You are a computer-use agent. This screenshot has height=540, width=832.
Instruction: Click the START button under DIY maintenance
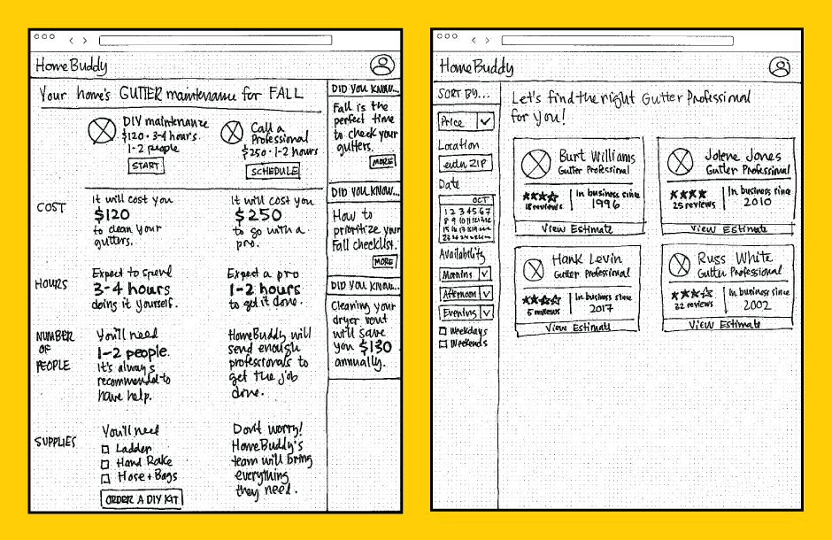[x=146, y=166]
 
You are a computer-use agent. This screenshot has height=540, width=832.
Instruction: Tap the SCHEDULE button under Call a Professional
[x=273, y=172]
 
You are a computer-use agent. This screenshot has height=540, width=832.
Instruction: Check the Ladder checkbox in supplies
[x=104, y=449]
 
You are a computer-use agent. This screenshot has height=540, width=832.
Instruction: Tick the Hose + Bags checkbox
[x=104, y=477]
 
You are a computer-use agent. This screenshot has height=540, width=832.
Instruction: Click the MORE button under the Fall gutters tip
[x=383, y=162]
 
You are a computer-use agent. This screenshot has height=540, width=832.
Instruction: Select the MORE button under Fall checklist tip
[x=383, y=262]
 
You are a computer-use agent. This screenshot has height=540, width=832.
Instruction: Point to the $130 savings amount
[x=375, y=347]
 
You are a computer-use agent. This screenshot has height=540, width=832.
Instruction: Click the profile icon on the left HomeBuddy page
[x=382, y=65]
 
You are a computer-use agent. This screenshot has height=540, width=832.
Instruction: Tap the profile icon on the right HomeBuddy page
[x=780, y=66]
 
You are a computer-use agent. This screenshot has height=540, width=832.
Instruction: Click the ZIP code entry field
[x=466, y=165]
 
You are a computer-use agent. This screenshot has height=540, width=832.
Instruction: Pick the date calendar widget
[x=466, y=219]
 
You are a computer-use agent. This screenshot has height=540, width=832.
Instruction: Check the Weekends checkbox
[x=443, y=343]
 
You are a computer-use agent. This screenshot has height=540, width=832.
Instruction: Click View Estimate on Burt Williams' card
[x=578, y=229]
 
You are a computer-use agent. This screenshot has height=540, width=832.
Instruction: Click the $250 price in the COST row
[x=258, y=215]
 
